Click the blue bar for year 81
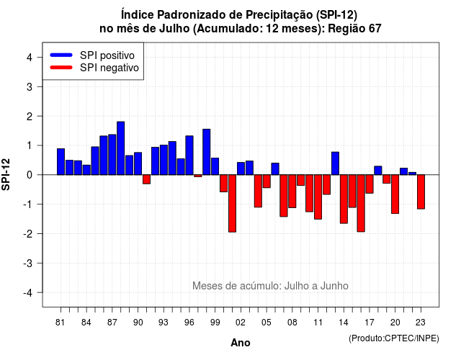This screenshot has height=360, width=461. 61,161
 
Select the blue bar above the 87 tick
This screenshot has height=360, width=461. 112,155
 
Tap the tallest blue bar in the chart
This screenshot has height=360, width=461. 120,148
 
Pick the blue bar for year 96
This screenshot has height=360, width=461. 189,156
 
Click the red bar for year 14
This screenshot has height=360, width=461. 344,199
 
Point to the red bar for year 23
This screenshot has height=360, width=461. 421,192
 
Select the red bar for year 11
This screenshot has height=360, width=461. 318,197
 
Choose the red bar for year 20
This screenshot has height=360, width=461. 395,194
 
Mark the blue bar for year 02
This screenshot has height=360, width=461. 241,168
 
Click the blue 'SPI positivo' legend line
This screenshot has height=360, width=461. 61,55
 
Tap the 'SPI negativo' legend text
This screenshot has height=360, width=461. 109,68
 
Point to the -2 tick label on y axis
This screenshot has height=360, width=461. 29,233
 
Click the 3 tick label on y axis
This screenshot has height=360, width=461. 30,86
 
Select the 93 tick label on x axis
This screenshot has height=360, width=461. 164,323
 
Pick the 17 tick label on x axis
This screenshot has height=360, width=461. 370,323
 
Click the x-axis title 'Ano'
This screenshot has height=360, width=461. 241,343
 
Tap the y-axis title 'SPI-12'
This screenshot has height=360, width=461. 6,174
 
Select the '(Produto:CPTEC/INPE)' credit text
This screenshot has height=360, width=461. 394,338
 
